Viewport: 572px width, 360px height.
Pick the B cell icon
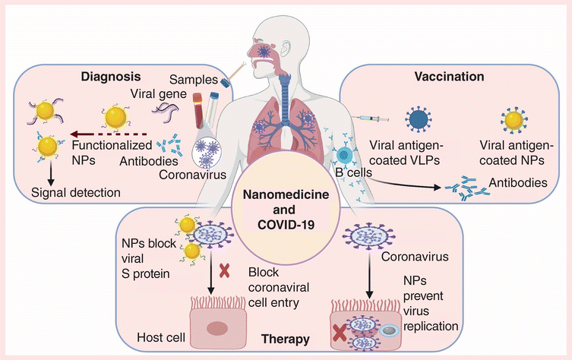point(342,158)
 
